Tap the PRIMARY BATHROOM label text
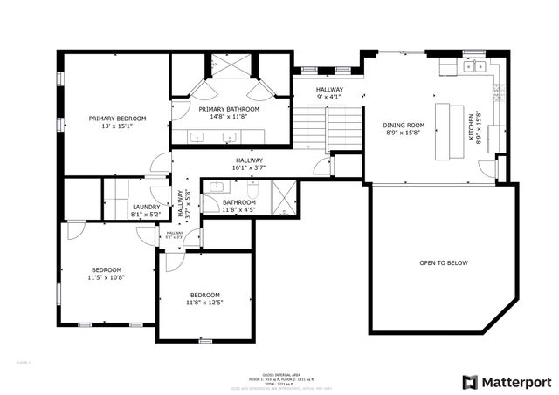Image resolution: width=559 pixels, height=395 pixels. [229, 109]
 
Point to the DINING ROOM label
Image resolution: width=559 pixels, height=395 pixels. [403, 125]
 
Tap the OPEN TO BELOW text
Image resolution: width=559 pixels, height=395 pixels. [444, 262]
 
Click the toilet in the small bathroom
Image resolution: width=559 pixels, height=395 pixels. [253, 189]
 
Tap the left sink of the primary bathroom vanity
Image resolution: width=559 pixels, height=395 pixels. [198, 137]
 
